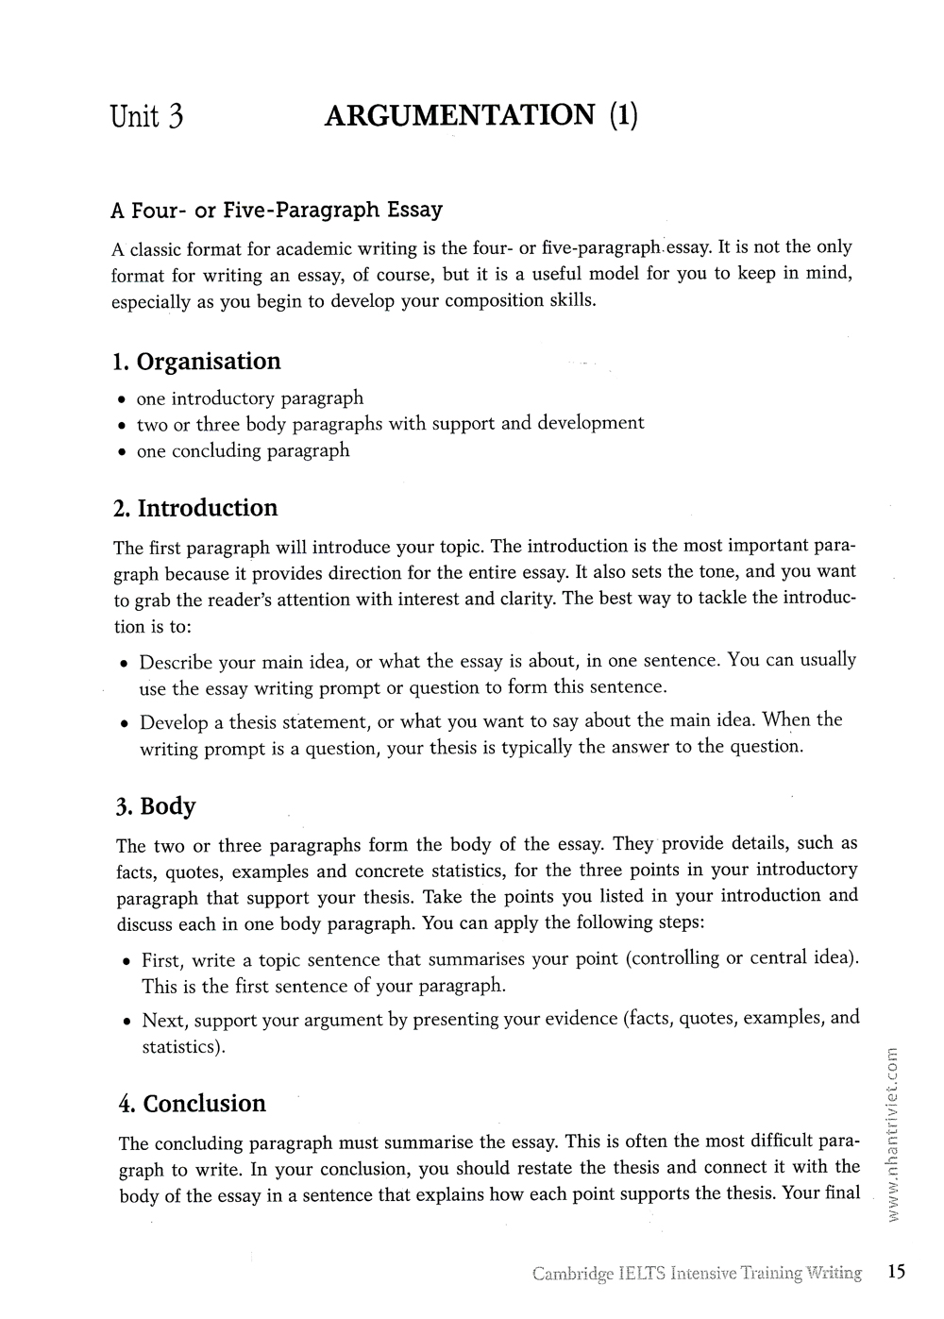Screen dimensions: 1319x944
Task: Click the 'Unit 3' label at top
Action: coord(146,116)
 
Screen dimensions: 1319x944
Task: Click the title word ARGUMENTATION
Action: coord(460,115)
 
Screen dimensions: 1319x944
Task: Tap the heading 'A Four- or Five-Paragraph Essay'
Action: coord(277,210)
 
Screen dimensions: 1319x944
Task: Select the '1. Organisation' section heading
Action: coord(196,362)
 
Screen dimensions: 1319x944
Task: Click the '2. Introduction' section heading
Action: coord(195,508)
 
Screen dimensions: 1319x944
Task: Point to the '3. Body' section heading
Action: coord(156,806)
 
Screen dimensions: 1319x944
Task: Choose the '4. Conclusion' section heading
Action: coord(193,1104)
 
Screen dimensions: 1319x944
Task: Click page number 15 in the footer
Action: coord(896,1272)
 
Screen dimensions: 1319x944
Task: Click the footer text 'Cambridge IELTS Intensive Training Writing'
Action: coord(697,1273)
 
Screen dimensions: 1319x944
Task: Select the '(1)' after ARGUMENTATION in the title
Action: coord(623,115)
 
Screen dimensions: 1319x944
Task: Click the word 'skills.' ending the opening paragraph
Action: coord(572,301)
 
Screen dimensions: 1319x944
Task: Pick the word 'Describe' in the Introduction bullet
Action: coord(176,662)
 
